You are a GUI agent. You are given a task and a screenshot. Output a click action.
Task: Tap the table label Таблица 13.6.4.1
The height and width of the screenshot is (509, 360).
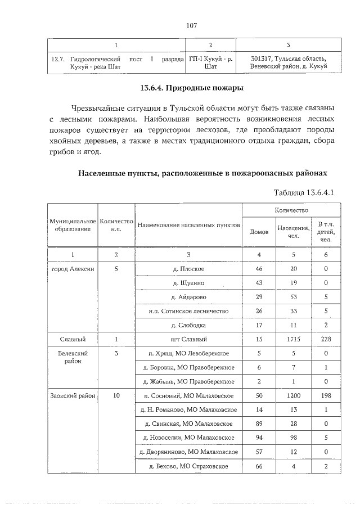[304, 192]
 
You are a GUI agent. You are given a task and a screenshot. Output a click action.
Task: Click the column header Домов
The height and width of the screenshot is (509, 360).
[259, 231]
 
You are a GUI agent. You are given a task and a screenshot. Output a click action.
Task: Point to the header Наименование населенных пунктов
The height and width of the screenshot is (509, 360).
[188, 225]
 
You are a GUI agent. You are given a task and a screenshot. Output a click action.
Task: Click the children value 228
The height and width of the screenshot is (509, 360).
[326, 339]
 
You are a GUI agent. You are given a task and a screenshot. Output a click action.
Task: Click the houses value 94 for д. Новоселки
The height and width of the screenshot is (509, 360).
[259, 438]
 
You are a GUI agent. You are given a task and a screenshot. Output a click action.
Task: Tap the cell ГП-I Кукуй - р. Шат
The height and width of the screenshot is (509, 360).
[211, 62]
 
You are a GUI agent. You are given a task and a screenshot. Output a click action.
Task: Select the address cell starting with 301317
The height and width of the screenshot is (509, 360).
[289, 62]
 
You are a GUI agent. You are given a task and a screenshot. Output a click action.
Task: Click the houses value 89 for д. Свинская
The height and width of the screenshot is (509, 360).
[259, 424]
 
